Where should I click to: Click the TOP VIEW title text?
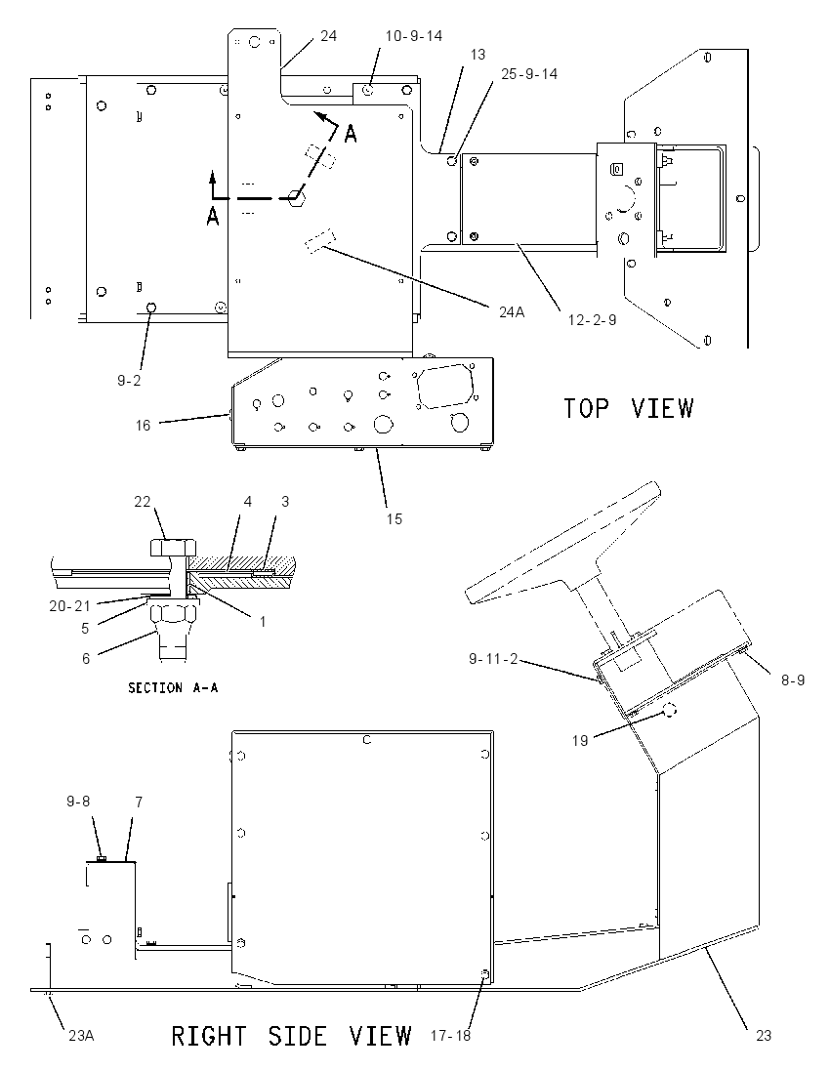tap(628, 408)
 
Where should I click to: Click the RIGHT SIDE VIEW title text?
tap(291, 1035)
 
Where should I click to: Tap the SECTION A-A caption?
tap(174, 688)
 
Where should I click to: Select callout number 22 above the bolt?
tap(142, 502)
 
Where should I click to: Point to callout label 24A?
tap(512, 311)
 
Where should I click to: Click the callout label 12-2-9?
tap(593, 319)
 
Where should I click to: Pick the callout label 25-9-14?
tap(529, 73)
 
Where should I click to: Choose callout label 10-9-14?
tap(414, 35)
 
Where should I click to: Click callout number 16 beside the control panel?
tap(143, 426)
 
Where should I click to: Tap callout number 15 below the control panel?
tap(394, 518)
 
